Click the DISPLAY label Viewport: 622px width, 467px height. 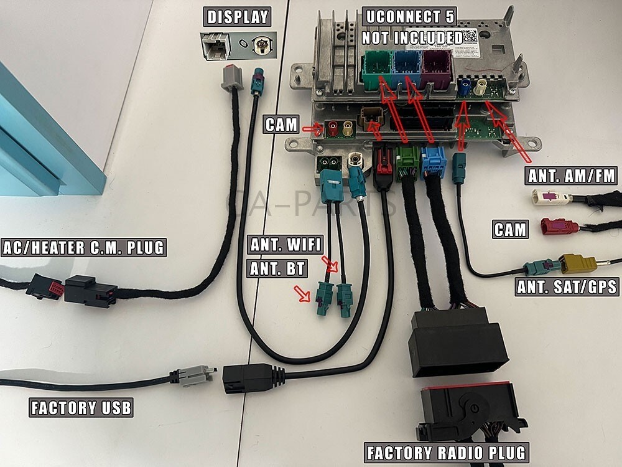[238, 17]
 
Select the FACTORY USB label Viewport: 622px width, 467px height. [81, 408]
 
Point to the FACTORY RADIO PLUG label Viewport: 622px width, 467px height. [446, 452]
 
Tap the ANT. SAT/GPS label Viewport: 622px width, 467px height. [567, 287]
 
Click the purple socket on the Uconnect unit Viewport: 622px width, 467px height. [437, 69]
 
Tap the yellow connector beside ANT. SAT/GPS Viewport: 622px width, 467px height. [578, 263]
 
